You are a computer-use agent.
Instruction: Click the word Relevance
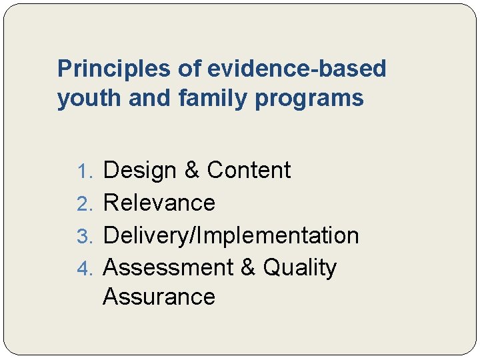pos(159,203)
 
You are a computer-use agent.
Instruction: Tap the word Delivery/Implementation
pos(231,235)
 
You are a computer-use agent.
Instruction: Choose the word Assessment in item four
pos(167,267)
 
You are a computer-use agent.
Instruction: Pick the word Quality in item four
pos(300,267)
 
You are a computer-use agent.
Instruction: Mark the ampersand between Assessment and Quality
pos(247,267)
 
